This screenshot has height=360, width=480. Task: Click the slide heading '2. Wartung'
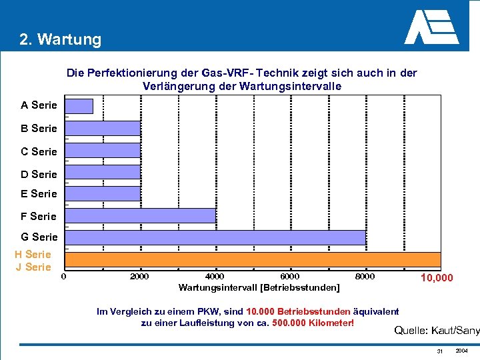(x=61, y=39)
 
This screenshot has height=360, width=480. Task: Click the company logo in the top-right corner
(x=431, y=27)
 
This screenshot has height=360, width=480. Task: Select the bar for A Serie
(x=79, y=106)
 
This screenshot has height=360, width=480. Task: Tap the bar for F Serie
(x=140, y=216)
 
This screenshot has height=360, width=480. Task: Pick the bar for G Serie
(x=215, y=237)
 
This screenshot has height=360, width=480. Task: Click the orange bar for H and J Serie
(x=253, y=259)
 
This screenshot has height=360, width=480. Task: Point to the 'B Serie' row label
(x=39, y=128)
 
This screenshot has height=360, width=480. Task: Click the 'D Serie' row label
(x=39, y=175)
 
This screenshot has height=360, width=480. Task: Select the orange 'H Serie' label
(x=33, y=254)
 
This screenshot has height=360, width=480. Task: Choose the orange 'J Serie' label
(x=33, y=267)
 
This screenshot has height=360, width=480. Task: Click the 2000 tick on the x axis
(x=139, y=277)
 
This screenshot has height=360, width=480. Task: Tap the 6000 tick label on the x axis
(x=290, y=277)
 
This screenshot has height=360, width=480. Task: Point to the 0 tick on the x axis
(x=64, y=277)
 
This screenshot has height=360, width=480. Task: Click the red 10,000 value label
(x=436, y=278)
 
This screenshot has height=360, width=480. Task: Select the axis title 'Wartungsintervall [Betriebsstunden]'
(x=259, y=288)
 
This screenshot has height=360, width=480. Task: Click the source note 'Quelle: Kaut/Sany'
(x=437, y=330)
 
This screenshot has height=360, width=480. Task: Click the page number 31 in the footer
(x=440, y=351)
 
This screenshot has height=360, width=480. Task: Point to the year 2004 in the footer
(x=461, y=351)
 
